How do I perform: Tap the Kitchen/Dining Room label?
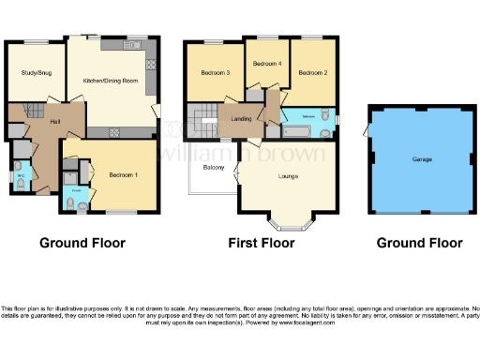tap(111, 81)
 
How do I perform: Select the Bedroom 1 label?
tap(123, 175)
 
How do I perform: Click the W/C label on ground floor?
tap(19, 175)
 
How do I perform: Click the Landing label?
tap(241, 118)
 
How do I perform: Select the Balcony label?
tap(213, 168)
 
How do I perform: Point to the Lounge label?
tap(289, 175)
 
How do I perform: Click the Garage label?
tap(422, 159)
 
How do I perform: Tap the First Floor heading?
tap(262, 243)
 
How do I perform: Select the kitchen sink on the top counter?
tap(131, 45)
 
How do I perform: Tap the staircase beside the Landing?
tap(202, 119)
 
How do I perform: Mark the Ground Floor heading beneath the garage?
tap(419, 243)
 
